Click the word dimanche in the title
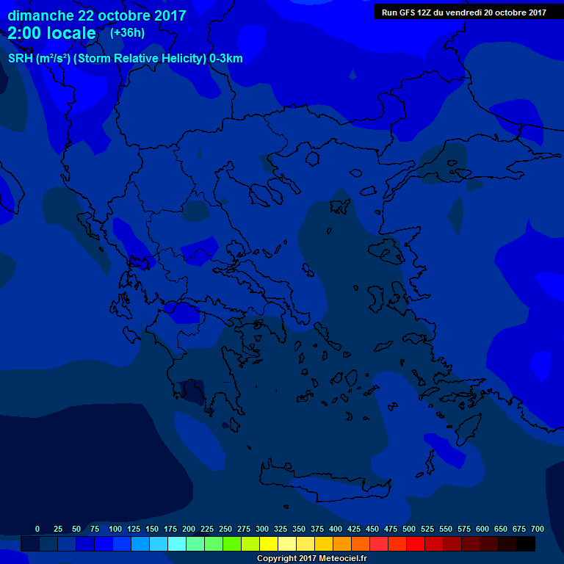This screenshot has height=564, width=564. (x=40, y=15)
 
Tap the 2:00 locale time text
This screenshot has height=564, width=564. (x=51, y=33)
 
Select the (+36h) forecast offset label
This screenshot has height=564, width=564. (x=127, y=33)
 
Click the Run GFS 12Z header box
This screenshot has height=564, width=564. (x=463, y=12)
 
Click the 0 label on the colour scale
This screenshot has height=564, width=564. (x=37, y=529)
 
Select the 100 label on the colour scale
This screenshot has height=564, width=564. (x=115, y=529)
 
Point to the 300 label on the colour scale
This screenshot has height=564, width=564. (x=262, y=529)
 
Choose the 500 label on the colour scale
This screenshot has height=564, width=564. (x=409, y=529)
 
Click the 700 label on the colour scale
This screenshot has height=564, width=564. (x=538, y=529)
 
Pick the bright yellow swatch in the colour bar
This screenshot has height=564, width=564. (x=269, y=543)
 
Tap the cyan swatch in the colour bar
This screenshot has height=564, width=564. (x=177, y=543)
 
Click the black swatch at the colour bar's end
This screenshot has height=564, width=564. (x=526, y=543)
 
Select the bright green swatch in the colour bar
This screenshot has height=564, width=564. (x=232, y=543)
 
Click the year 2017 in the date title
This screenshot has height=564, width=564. (x=170, y=15)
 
